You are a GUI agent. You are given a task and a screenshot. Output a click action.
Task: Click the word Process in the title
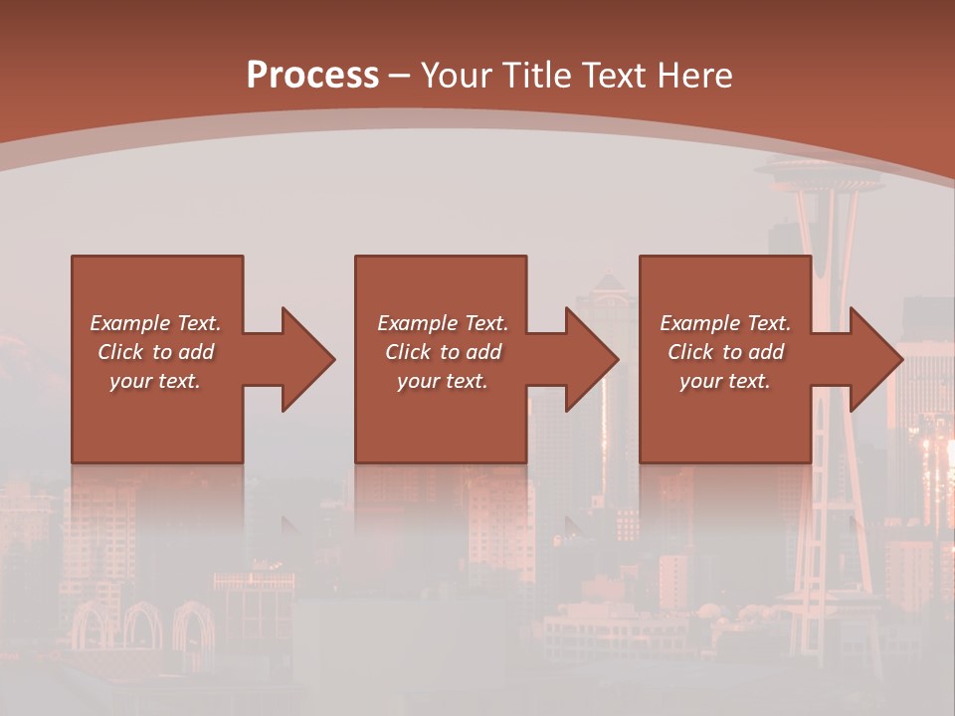(x=312, y=75)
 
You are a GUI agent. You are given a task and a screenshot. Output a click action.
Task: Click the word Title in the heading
(x=539, y=75)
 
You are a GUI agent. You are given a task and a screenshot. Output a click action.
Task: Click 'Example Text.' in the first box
(x=156, y=323)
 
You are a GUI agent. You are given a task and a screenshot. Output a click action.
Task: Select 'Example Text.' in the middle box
(x=442, y=323)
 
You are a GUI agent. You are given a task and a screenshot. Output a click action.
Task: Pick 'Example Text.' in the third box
(x=725, y=323)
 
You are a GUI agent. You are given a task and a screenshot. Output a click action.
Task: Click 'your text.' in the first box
(x=156, y=381)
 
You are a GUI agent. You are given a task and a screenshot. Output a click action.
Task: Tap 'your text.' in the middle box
(x=442, y=381)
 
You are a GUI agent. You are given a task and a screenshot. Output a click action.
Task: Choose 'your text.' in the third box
(x=725, y=381)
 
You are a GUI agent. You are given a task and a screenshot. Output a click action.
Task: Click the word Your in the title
(x=457, y=75)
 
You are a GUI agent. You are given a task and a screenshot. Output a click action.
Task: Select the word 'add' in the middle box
(x=483, y=352)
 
